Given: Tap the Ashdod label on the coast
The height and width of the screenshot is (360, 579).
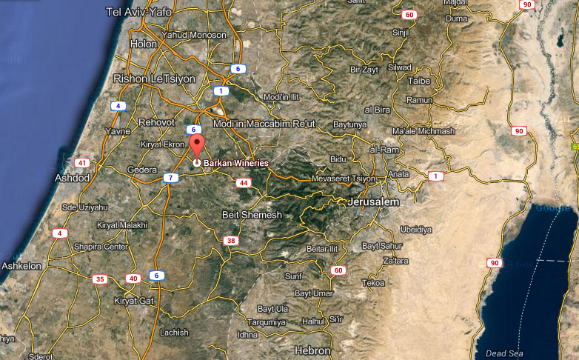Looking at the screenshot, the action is tap(73, 179).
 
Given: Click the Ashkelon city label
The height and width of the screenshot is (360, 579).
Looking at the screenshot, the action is tap(22, 265).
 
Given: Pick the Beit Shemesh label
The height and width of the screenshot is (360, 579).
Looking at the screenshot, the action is tap(252, 215).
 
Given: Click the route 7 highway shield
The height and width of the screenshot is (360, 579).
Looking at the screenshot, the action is tap(170, 178).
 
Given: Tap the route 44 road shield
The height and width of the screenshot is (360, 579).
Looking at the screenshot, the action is tap(243, 182).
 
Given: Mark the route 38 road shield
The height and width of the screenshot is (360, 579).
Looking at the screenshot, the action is tap(232, 241).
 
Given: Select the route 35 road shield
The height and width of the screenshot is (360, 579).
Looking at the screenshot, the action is tap(99, 279).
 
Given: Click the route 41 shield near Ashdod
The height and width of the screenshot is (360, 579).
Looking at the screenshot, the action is tap(81, 163).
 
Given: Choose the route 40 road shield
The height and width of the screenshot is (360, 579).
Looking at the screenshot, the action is tap(133, 279).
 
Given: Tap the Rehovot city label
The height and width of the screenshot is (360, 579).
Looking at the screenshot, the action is tap(156, 121).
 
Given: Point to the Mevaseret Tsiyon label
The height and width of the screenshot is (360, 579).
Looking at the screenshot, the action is tap(344, 179).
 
